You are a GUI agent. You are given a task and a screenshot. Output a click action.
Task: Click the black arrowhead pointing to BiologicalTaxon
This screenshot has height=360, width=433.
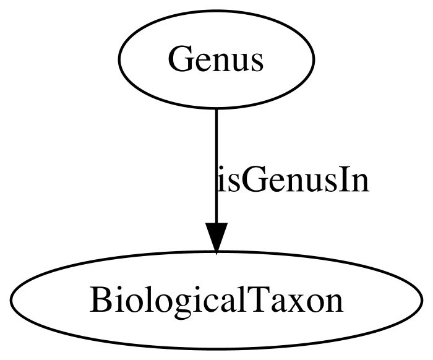pyautogui.click(x=216, y=238)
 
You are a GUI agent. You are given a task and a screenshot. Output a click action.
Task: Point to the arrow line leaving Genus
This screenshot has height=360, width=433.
pyautogui.click(x=216, y=166)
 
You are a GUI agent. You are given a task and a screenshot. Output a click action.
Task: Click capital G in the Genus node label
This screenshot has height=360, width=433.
pyautogui.click(x=179, y=59)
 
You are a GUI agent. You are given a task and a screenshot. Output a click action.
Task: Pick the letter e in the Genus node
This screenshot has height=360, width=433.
pyautogui.click(x=198, y=63)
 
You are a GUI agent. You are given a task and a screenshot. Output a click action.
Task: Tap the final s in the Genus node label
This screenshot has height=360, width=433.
pyautogui.click(x=257, y=63)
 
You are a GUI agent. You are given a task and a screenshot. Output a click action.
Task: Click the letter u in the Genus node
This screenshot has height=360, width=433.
pyautogui.click(x=239, y=63)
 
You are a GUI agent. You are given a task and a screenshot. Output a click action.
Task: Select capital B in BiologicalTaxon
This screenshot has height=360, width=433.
pyautogui.click(x=99, y=299)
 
